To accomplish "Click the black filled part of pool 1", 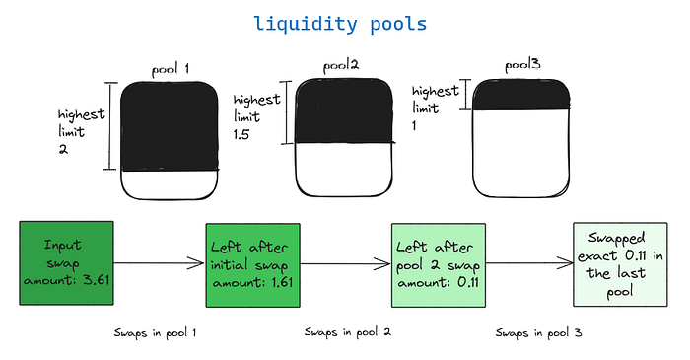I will [x=169, y=126].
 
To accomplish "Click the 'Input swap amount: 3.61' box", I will [x=66, y=263].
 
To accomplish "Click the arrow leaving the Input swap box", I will [x=159, y=264].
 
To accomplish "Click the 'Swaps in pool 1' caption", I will [x=156, y=332].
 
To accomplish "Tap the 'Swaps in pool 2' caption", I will [x=348, y=332].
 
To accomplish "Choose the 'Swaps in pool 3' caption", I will [x=538, y=332].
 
